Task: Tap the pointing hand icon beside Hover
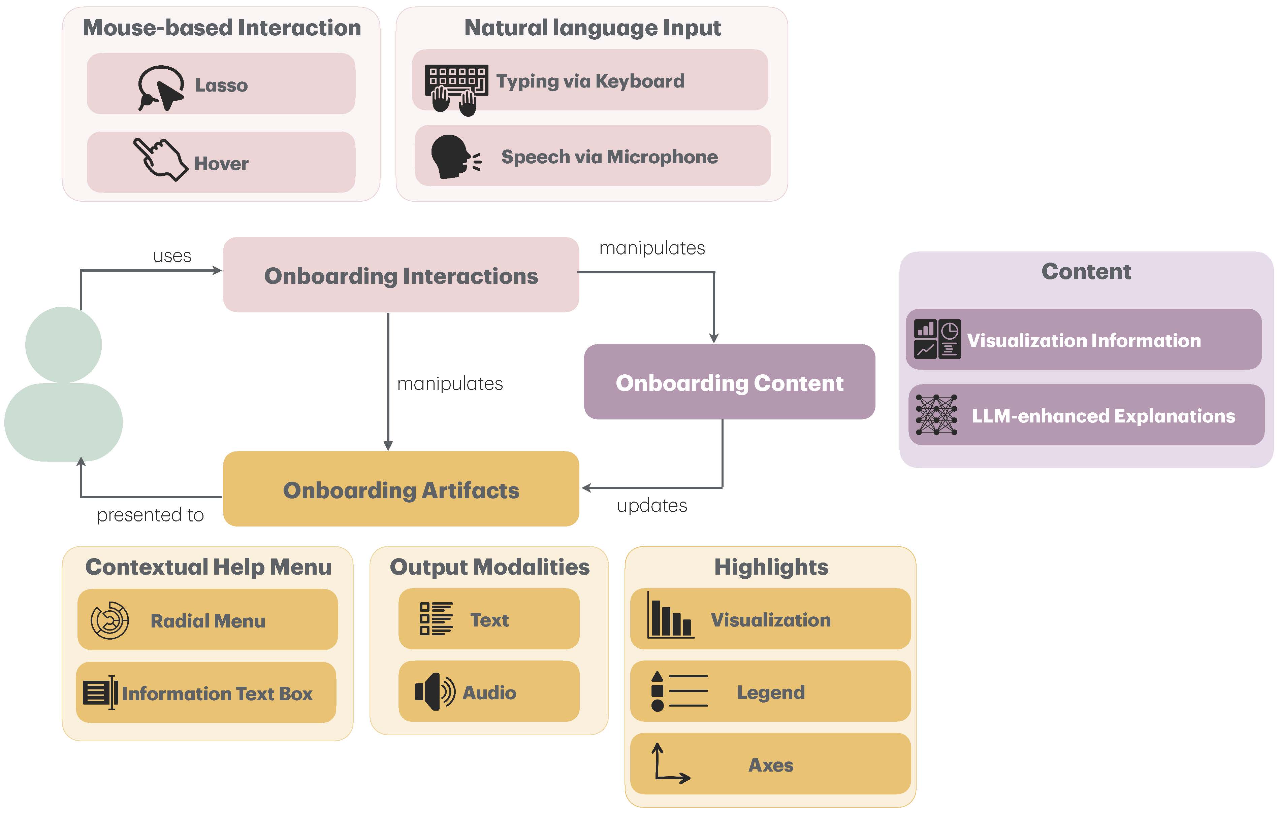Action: click(160, 160)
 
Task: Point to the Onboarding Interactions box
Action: click(401, 275)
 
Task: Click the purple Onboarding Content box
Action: click(729, 382)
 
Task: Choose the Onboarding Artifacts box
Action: click(401, 489)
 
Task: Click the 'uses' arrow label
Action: click(172, 256)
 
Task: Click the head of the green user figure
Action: click(64, 345)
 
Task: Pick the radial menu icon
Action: click(110, 620)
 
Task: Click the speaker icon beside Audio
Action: click(435, 691)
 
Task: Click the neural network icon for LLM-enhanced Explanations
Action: click(936, 415)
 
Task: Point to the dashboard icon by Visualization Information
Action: click(937, 339)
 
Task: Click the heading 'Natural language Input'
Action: click(592, 28)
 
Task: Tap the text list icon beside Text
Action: click(436, 619)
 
